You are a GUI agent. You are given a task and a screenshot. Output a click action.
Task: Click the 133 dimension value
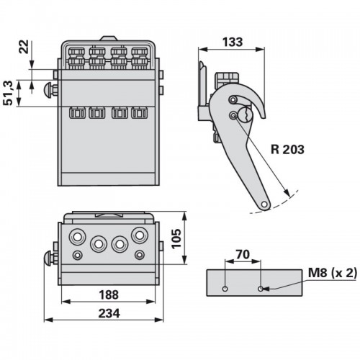[x=233, y=42]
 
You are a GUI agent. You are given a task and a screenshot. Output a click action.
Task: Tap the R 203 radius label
[x=287, y=149]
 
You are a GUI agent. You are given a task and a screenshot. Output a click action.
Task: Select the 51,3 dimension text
[x=9, y=93]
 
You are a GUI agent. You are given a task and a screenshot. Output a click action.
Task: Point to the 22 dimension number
[x=24, y=47]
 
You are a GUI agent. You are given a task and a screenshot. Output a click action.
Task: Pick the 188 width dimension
[x=109, y=294]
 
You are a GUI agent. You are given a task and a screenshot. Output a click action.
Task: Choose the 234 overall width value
[x=109, y=313]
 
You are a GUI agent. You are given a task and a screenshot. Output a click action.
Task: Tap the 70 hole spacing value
[x=243, y=254]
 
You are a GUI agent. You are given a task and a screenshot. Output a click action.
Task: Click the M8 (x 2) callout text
[x=333, y=273]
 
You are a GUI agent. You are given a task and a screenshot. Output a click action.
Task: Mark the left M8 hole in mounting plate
[x=225, y=289]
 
